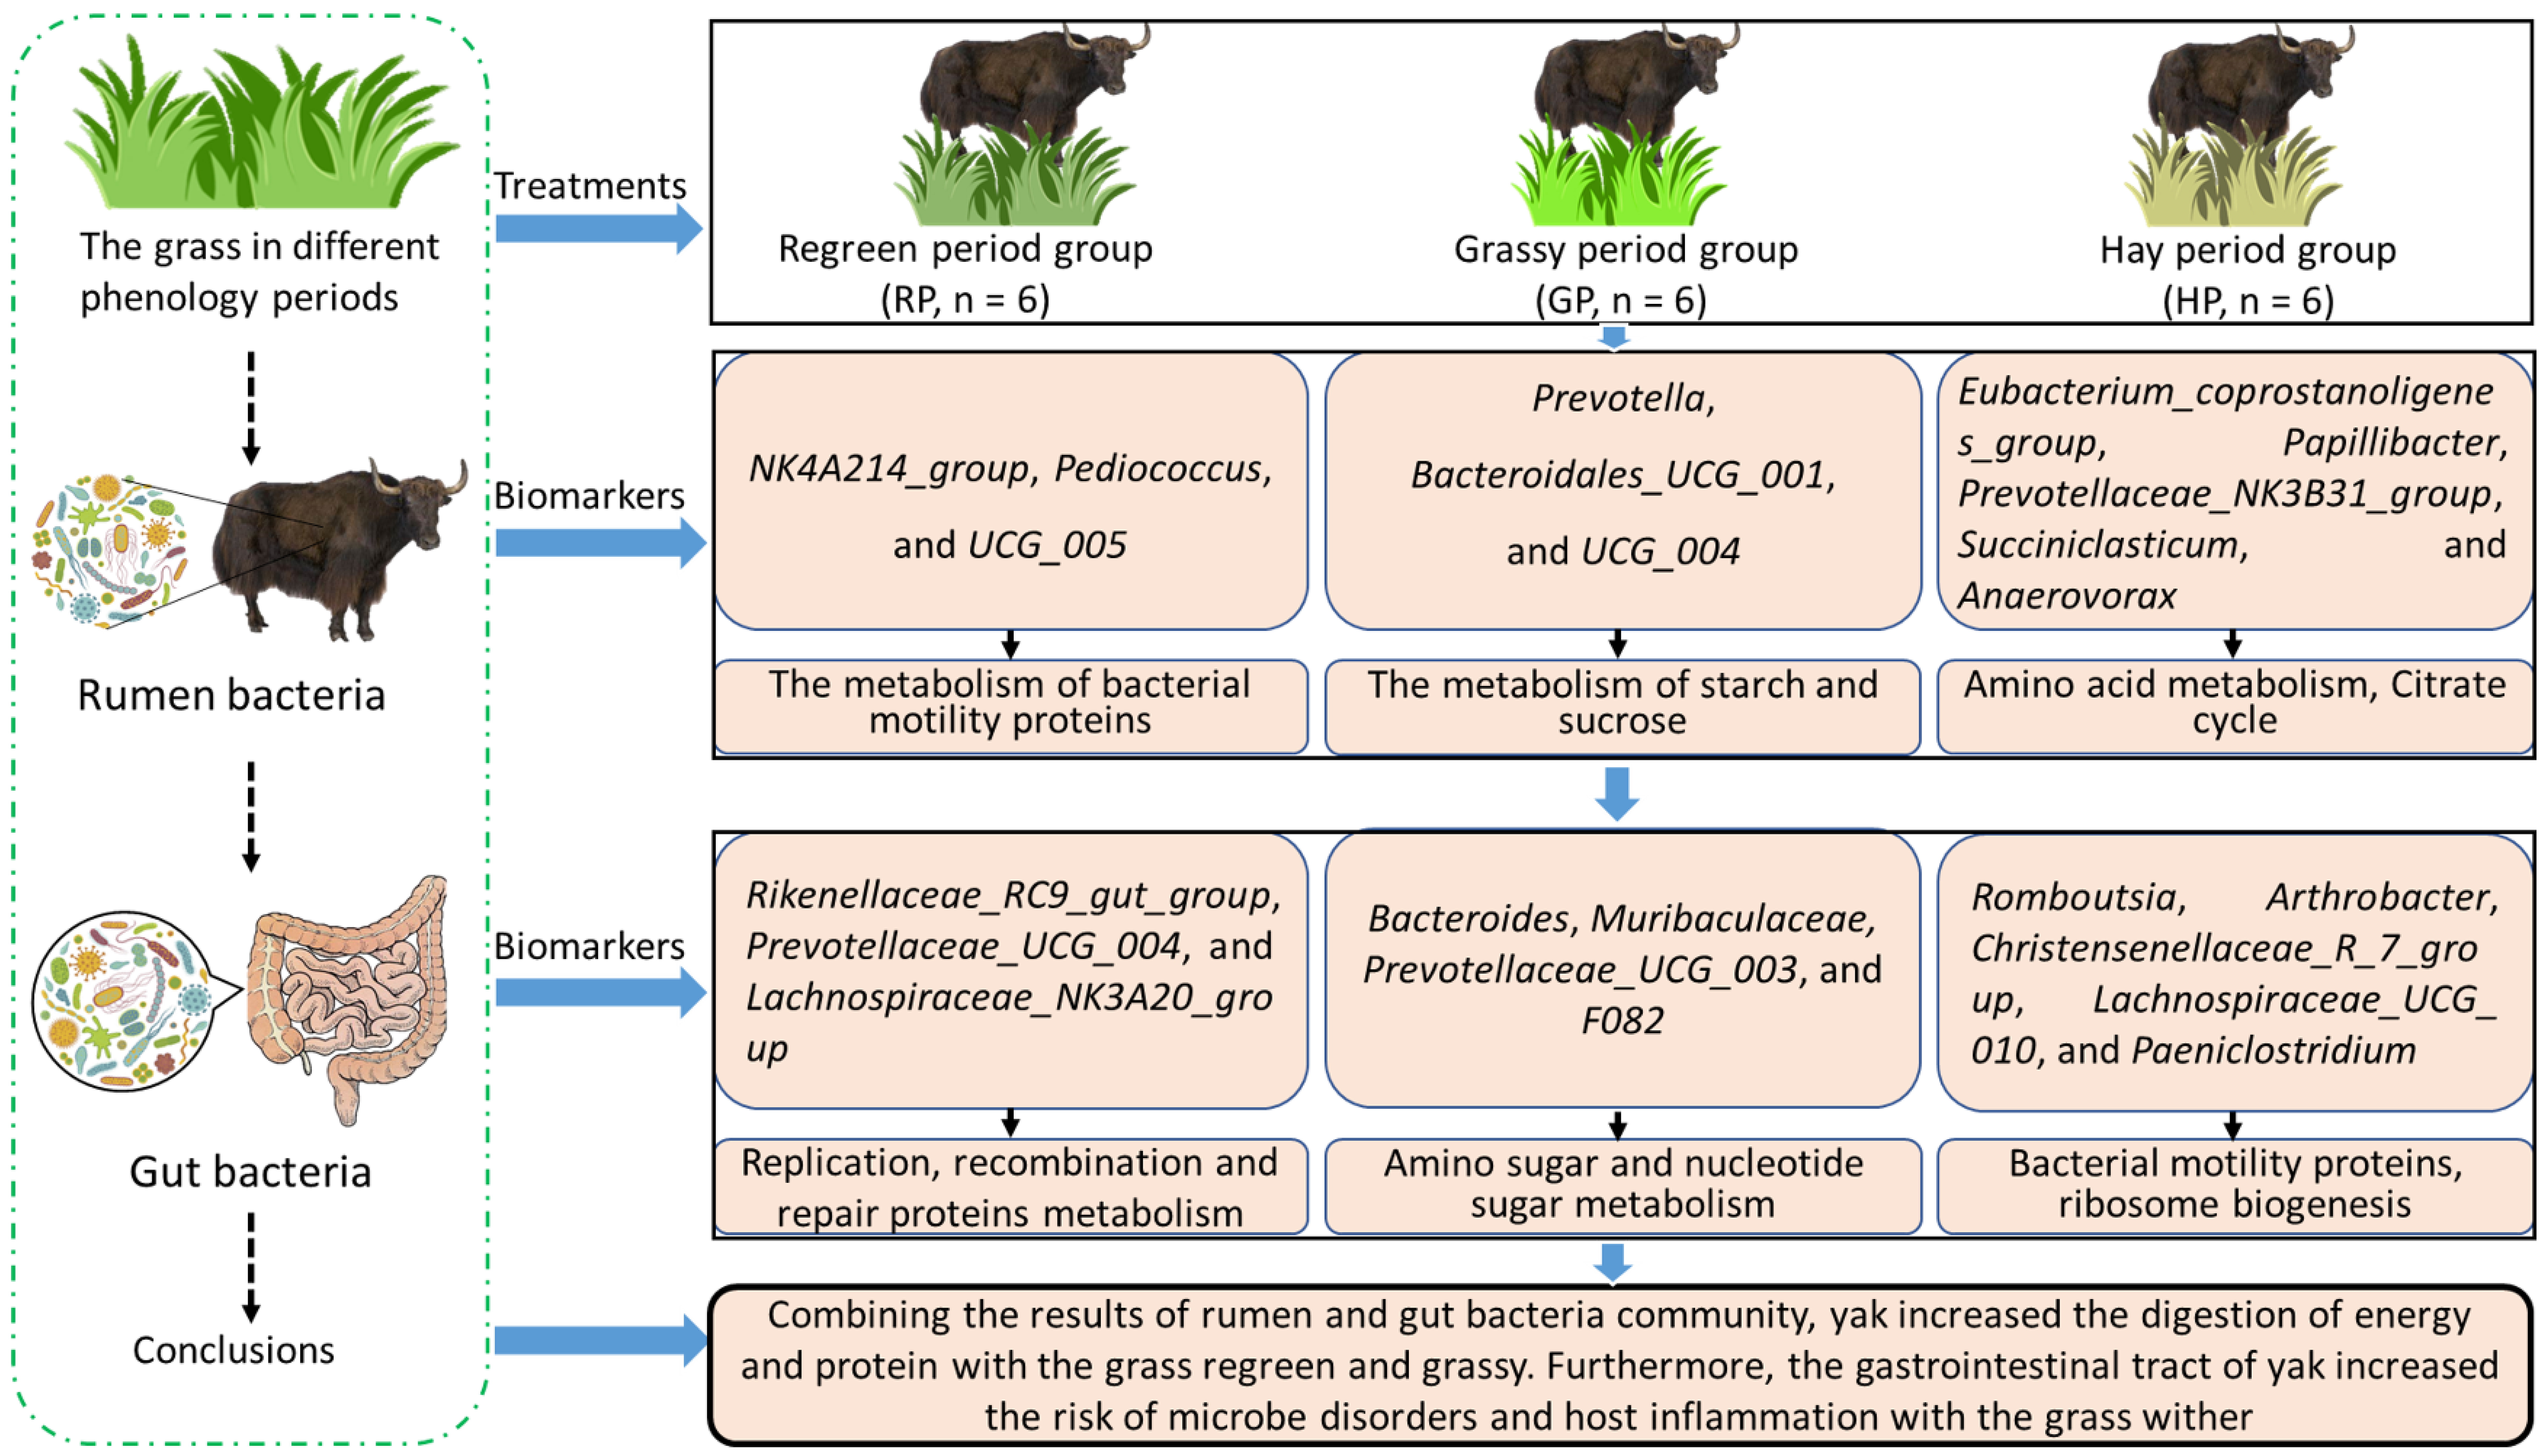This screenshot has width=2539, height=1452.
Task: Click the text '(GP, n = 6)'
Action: point(1620,300)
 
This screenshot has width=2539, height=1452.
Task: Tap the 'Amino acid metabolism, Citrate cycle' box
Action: point(2234,703)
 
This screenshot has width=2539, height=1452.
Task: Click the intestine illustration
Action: point(349,997)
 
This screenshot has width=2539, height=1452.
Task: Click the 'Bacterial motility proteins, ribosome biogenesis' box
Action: point(2234,1184)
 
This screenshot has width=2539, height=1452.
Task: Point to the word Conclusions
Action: point(233,1350)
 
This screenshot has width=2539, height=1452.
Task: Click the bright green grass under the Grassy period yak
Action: point(1615,185)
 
